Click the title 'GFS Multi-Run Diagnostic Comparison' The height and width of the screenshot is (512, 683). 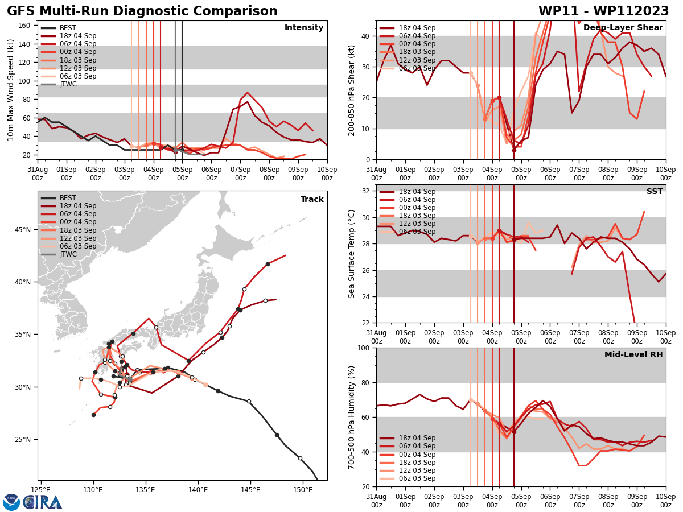click(142, 11)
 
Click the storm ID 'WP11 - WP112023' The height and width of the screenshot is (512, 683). click(603, 11)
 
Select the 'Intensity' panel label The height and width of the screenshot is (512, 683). click(304, 28)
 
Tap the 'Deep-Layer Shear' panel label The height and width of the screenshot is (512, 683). click(623, 28)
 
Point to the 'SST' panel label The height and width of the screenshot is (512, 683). click(655, 192)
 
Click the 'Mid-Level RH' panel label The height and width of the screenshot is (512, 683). click(633, 355)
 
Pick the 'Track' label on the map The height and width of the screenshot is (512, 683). click(312, 200)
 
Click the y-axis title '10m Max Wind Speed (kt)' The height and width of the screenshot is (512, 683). click(11, 90)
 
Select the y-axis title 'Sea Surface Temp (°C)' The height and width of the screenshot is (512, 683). click(352, 254)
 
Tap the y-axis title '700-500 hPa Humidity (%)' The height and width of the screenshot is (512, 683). click(352, 417)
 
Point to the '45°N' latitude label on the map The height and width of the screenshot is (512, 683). click(23, 230)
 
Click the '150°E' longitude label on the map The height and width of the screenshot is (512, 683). click(303, 489)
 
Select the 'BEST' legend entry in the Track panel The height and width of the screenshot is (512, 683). click(68, 198)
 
